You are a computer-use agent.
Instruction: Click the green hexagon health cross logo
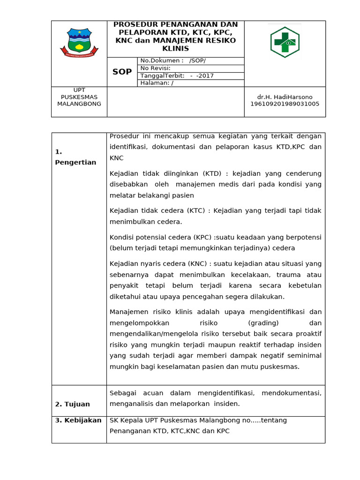click(x=285, y=42)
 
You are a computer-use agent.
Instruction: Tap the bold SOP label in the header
click(x=122, y=72)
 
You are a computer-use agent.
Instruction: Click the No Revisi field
click(x=155, y=68)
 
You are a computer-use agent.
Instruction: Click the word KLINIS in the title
click(x=175, y=49)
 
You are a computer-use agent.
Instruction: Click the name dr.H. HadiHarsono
click(x=285, y=97)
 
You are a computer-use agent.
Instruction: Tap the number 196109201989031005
click(x=285, y=104)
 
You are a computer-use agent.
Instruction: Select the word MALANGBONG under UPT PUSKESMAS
click(x=79, y=104)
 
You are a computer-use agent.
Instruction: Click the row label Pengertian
click(x=75, y=162)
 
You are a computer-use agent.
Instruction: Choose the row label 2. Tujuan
click(x=72, y=404)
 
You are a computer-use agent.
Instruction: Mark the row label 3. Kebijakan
click(x=78, y=420)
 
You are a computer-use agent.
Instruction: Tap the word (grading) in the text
click(x=263, y=323)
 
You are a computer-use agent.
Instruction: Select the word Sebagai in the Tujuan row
click(x=123, y=392)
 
